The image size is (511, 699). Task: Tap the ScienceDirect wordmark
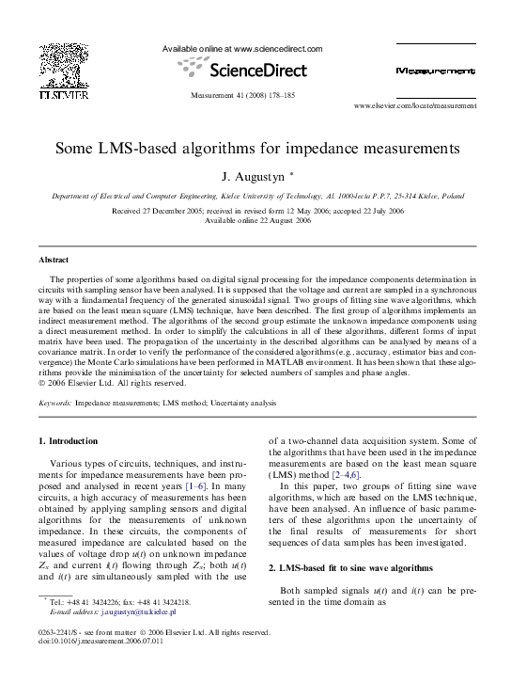pos(247,70)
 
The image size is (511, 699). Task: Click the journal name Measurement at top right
pos(436,71)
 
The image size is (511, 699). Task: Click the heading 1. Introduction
pos(68,440)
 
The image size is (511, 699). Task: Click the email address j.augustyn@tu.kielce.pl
pos(140,612)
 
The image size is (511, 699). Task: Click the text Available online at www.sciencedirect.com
pos(242,49)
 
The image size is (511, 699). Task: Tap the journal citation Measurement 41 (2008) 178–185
pos(243,96)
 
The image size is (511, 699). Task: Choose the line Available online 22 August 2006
pos(256,219)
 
